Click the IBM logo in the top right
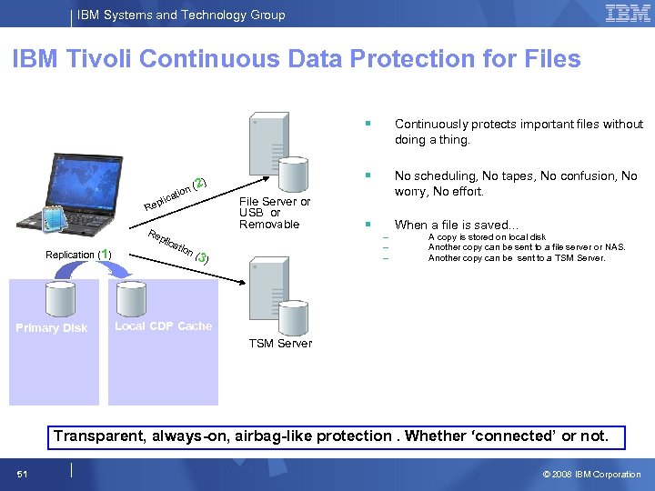pyautogui.click(x=628, y=14)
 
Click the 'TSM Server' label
pyautogui.click(x=280, y=344)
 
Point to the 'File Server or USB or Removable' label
pyautogui.click(x=274, y=213)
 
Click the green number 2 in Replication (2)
pyautogui.click(x=199, y=183)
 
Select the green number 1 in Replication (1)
pyautogui.click(x=106, y=254)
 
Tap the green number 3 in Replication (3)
pyautogui.click(x=201, y=257)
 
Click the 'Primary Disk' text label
pyautogui.click(x=52, y=328)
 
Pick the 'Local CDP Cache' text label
pyautogui.click(x=163, y=326)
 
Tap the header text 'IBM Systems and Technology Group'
pyautogui.click(x=181, y=15)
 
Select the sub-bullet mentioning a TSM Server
pyautogui.click(x=516, y=258)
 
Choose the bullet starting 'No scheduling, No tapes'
pyautogui.click(x=515, y=184)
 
